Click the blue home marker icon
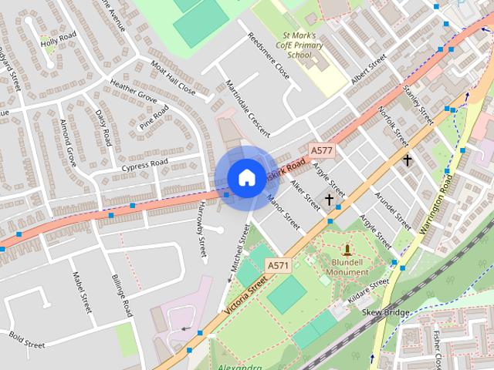click(x=246, y=177)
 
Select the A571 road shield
click(x=278, y=266)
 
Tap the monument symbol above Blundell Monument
click(x=347, y=250)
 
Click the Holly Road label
click(x=59, y=41)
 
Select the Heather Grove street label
click(x=133, y=92)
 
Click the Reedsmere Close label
click(x=268, y=56)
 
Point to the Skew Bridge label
click(x=386, y=312)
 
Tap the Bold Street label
click(x=28, y=339)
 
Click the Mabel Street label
click(x=82, y=293)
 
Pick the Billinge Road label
click(x=123, y=295)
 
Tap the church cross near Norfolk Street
click(x=407, y=160)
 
